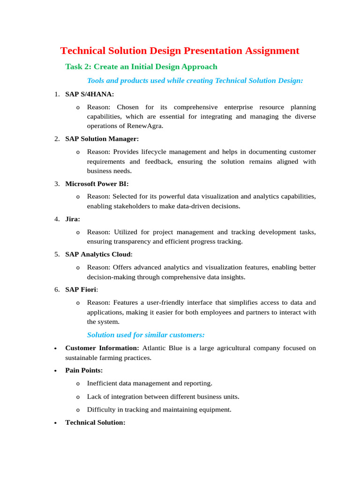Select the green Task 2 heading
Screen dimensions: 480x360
141,67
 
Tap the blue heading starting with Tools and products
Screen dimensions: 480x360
195,81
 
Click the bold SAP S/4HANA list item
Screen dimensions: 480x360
90,94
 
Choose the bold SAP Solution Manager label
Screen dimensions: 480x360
102,139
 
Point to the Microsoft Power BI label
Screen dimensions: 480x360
97,184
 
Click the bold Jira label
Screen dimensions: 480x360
73,219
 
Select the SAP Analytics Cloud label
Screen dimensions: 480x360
98,254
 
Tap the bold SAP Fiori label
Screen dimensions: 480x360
81,289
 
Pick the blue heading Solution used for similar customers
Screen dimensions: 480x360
146,335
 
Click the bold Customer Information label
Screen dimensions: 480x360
102,348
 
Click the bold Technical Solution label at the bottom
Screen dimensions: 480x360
95,422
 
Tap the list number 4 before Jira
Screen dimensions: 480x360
57,219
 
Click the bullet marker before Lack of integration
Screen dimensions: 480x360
78,397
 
